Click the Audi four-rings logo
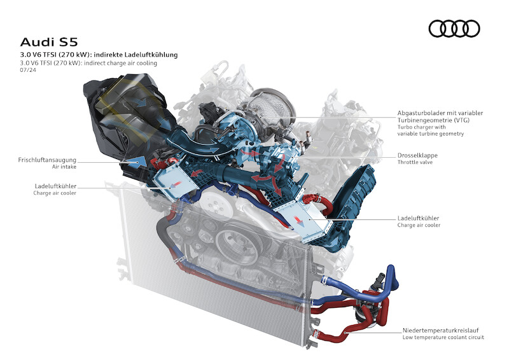(454, 29)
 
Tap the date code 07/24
(27, 71)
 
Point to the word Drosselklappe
(417, 155)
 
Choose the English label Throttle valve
(417, 163)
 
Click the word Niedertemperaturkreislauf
(442, 330)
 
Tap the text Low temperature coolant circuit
(443, 338)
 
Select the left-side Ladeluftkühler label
(55, 186)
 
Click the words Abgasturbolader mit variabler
(440, 113)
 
